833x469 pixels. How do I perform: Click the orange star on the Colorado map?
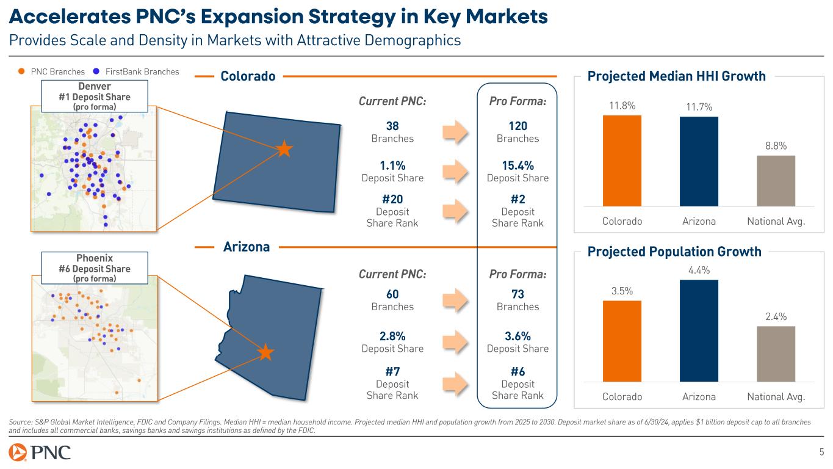click(284, 148)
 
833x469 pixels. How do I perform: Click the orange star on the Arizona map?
click(265, 352)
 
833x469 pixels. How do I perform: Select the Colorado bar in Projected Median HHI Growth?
click(622, 160)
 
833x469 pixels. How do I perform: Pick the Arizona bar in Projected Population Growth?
click(699, 330)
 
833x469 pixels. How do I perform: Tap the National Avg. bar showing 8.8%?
click(776, 180)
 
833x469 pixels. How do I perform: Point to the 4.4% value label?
click(699, 270)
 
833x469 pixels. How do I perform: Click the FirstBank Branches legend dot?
click(97, 71)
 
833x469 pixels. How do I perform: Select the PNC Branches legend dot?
click(22, 71)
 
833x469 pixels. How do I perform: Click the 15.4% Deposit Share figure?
click(517, 165)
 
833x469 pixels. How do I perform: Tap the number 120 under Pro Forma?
click(517, 126)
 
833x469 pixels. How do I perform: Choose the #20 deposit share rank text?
click(392, 199)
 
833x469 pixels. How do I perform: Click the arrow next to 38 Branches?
click(455, 132)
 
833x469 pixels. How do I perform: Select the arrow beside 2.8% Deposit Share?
click(455, 342)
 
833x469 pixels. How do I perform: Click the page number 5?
click(821, 452)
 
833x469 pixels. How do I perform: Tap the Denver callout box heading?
click(94, 87)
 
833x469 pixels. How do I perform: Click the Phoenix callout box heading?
click(94, 258)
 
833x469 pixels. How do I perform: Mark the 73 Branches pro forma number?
click(517, 294)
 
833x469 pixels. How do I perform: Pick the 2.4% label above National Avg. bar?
click(776, 316)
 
